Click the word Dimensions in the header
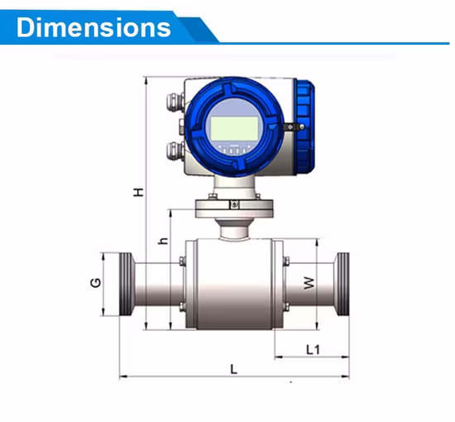pos(93,26)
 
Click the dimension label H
pos(139,191)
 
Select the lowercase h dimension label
pos(163,241)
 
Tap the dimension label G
pos(96,283)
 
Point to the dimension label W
pos(309,283)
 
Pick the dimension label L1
pos(313,349)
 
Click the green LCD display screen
pos(232,128)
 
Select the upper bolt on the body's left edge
pos(182,262)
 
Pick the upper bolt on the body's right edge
pos(285,262)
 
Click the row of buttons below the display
pos(233,150)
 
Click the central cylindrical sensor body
pos(233,285)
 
